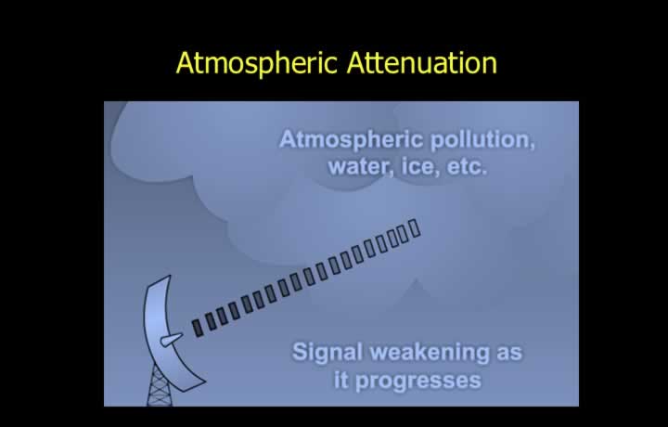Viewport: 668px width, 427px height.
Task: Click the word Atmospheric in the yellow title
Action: pyautogui.click(x=257, y=63)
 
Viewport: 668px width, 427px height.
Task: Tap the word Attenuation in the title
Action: pyautogui.click(x=422, y=62)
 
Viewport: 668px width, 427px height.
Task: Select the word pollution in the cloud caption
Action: pyautogui.click(x=482, y=140)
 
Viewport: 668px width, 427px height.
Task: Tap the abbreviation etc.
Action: pyautogui.click(x=467, y=167)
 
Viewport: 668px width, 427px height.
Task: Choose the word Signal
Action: pyautogui.click(x=328, y=353)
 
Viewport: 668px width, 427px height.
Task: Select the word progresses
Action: pyautogui.click(x=417, y=381)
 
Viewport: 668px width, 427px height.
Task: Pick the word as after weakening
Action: pyautogui.click(x=509, y=354)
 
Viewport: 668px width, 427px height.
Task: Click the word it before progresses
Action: pyautogui.click(x=341, y=379)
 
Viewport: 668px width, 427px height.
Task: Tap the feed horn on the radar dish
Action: pyautogui.click(x=172, y=340)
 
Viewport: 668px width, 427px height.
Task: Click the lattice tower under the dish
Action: pyautogui.click(x=160, y=387)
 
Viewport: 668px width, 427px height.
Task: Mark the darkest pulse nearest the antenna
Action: pyautogui.click(x=197, y=329)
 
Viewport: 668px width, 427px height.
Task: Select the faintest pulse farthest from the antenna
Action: pyautogui.click(x=415, y=228)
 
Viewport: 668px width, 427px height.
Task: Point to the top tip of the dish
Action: pyautogui.click(x=171, y=276)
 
